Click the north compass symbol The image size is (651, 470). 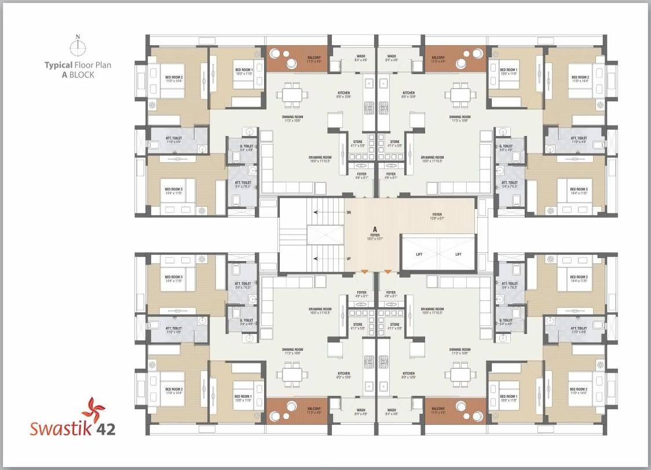tap(78, 47)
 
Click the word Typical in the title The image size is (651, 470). tap(58, 65)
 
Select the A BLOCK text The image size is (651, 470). tap(78, 75)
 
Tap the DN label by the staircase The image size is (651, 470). tap(348, 212)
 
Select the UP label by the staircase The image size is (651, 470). tap(348, 259)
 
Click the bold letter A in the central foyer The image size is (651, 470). tap(375, 229)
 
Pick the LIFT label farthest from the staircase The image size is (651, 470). tap(458, 254)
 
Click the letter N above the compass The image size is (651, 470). tap(78, 37)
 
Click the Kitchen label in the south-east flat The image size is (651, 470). tap(408, 373)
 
